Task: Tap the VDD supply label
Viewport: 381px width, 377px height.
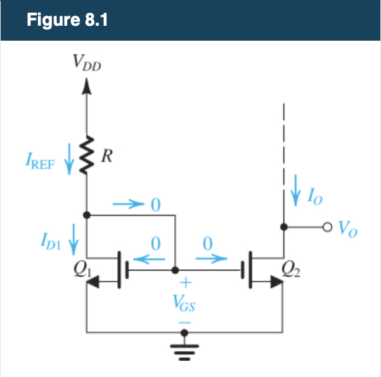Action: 88,64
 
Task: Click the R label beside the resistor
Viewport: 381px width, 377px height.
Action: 106,158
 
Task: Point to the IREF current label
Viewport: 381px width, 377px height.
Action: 43,164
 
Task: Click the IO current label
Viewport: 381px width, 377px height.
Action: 316,197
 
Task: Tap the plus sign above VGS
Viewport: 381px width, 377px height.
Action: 184,283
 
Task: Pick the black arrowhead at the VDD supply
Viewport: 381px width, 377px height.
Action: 86,86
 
